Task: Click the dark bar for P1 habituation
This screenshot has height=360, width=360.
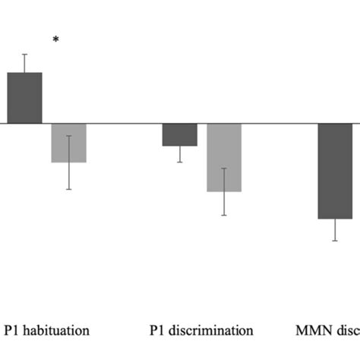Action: click(24, 98)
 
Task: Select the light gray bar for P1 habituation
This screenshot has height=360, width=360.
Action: click(68, 143)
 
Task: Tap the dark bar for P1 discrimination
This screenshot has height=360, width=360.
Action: click(179, 134)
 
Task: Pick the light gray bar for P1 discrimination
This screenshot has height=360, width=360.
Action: click(224, 157)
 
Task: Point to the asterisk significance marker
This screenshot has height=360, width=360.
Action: click(55, 40)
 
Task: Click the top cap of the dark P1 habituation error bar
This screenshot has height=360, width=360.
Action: click(24, 54)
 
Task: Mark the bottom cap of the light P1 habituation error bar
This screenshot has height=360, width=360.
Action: click(68, 189)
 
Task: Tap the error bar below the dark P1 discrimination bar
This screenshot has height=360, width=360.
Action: click(179, 154)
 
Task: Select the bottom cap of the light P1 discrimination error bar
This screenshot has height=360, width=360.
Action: click(224, 216)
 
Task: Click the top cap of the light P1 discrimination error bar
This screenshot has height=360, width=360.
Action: click(224, 168)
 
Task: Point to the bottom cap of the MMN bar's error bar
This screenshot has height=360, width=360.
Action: click(335, 241)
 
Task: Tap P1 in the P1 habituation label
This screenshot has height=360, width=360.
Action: click(11, 330)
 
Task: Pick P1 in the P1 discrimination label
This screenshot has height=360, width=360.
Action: click(156, 330)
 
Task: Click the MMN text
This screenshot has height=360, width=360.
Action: click(314, 330)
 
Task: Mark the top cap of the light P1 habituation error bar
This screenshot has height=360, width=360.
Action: click(68, 136)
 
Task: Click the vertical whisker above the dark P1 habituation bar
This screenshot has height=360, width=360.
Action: click(24, 64)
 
